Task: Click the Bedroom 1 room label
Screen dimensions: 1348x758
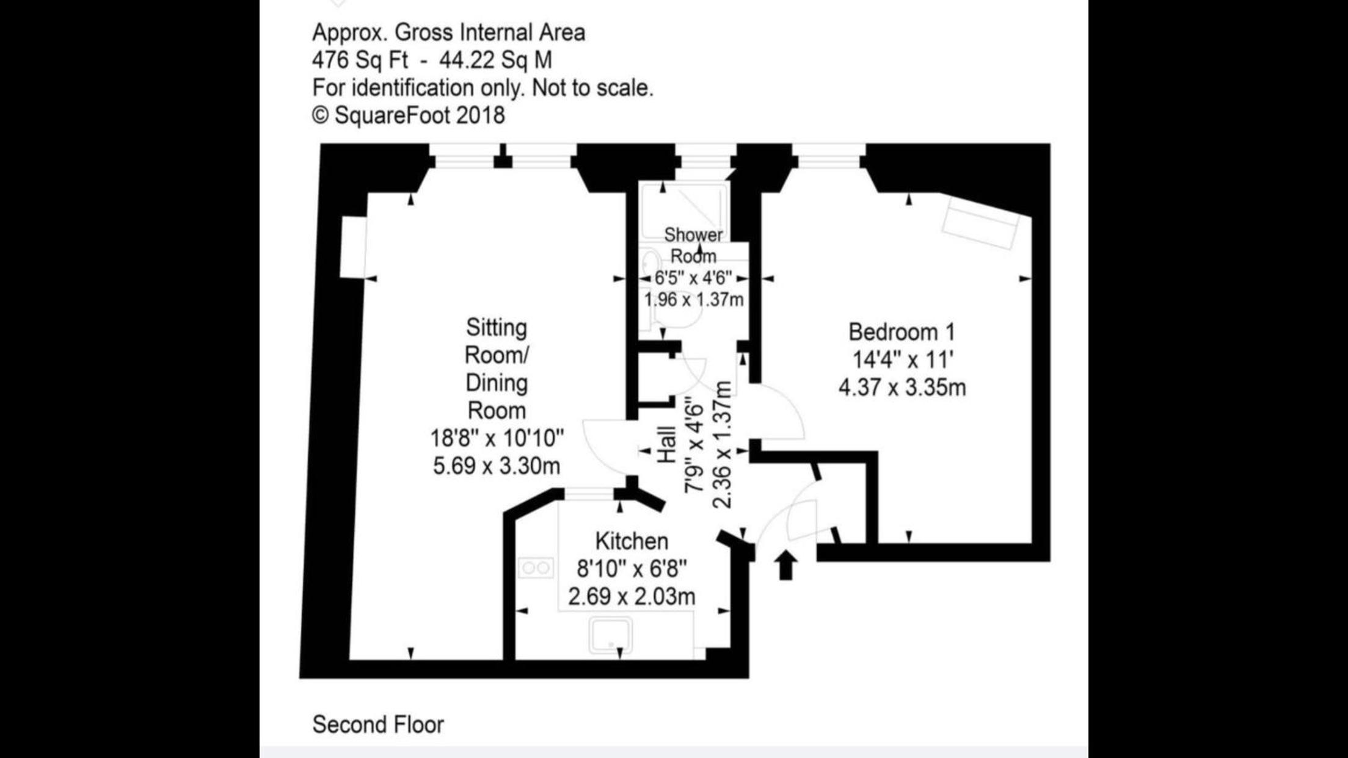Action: (x=901, y=332)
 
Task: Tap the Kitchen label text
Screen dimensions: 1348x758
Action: (x=632, y=541)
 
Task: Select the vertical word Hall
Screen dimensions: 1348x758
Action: (x=667, y=444)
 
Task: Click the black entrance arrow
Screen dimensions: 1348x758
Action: (x=785, y=565)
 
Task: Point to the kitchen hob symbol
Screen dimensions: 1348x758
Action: (x=536, y=568)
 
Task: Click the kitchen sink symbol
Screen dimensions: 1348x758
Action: (x=610, y=635)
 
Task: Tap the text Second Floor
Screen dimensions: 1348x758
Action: (x=378, y=724)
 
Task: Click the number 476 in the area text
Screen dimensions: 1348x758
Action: (x=330, y=60)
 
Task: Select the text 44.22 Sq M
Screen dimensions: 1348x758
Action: (x=495, y=60)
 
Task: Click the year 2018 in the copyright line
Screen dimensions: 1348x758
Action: (x=481, y=115)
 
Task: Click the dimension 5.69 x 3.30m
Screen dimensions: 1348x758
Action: (x=497, y=466)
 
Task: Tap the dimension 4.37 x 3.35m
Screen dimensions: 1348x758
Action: (x=902, y=388)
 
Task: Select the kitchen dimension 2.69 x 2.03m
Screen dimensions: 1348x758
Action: (x=632, y=596)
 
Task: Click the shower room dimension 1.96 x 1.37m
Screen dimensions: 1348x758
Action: (x=694, y=300)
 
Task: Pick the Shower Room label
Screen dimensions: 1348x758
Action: (x=693, y=245)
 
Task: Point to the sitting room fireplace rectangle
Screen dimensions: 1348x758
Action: (x=353, y=247)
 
